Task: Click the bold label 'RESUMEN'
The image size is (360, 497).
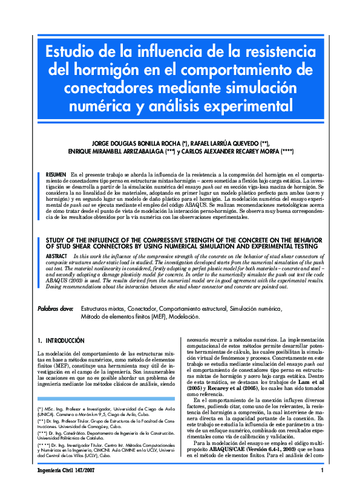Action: pos(56,174)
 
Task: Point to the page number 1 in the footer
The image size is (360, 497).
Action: pos(322,487)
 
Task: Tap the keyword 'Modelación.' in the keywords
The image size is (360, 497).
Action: pos(184,316)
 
